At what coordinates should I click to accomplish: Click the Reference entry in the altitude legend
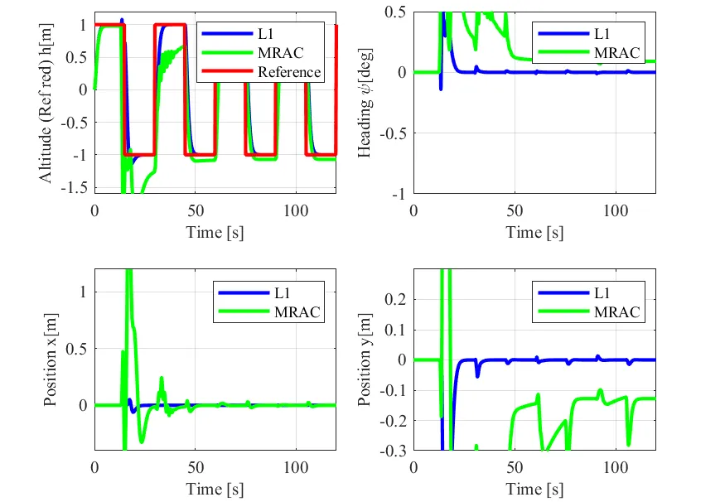pyautogui.click(x=288, y=72)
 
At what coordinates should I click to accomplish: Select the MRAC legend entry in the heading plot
pyautogui.click(x=617, y=52)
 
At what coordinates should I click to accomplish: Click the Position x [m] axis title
pyautogui.click(x=51, y=359)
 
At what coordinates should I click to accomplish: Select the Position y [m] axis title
pyautogui.click(x=365, y=359)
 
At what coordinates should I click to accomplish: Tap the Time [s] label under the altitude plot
pyautogui.click(x=215, y=231)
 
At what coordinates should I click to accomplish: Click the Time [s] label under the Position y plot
pyautogui.click(x=534, y=490)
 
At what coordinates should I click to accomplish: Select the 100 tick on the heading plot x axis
pyautogui.click(x=615, y=210)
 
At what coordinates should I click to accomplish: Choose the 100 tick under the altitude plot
pyautogui.click(x=295, y=210)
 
